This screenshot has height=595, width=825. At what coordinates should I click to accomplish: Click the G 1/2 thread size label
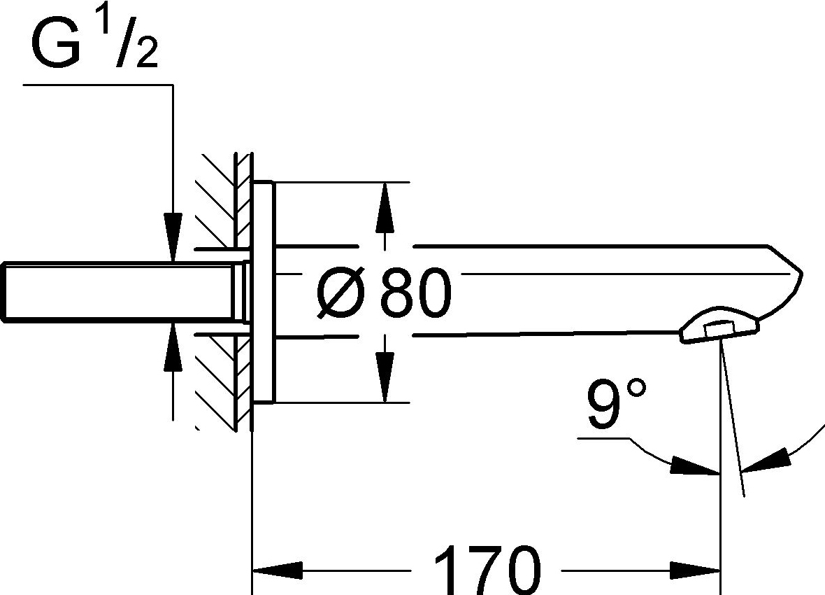pyautogui.click(x=93, y=43)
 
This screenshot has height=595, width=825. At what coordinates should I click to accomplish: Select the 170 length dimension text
pyautogui.click(x=487, y=570)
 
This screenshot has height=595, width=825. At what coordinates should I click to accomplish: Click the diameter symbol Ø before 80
pyautogui.click(x=340, y=293)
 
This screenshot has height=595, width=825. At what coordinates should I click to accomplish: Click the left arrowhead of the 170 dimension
pyautogui.click(x=276, y=570)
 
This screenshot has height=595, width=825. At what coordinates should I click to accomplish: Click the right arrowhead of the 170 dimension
pyautogui.click(x=695, y=570)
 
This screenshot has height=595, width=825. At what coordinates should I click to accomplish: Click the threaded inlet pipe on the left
pyautogui.click(x=119, y=292)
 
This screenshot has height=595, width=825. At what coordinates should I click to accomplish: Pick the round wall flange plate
pyautogui.click(x=264, y=292)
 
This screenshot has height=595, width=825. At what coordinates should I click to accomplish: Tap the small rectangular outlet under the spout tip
pyautogui.click(x=719, y=329)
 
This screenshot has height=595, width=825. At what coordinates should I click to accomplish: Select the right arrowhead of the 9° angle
pyautogui.click(x=766, y=462)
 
